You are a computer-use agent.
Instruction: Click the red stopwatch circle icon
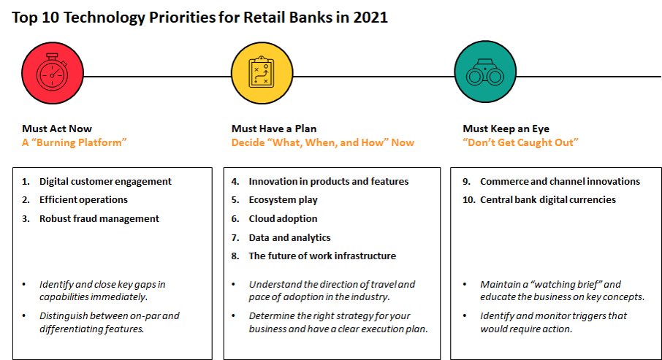pyautogui.click(x=53, y=73)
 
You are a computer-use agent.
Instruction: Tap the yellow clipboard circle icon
pyautogui.click(x=262, y=73)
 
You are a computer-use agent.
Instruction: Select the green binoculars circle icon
pyautogui.click(x=485, y=72)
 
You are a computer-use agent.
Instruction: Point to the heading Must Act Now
pyautogui.click(x=57, y=129)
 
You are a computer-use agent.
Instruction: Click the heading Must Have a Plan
pyautogui.click(x=274, y=129)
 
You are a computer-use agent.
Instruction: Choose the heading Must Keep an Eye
pyautogui.click(x=506, y=129)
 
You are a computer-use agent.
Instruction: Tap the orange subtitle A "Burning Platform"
pyautogui.click(x=75, y=142)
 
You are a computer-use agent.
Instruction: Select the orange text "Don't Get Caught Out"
pyautogui.click(x=520, y=142)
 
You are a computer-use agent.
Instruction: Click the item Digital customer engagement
pyautogui.click(x=105, y=182)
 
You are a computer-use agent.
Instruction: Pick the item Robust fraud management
pyautogui.click(x=99, y=218)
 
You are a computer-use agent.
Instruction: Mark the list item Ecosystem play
pyautogui.click(x=283, y=200)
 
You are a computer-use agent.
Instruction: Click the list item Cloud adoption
pyautogui.click(x=283, y=218)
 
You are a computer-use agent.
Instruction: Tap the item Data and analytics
pyautogui.click(x=289, y=237)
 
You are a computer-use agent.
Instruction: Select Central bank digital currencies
pyautogui.click(x=548, y=200)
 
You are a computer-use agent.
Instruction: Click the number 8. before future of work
pyautogui.click(x=235, y=256)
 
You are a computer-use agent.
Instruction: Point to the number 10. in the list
pyautogui.click(x=469, y=200)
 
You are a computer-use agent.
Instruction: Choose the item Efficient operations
pyautogui.click(x=83, y=200)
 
